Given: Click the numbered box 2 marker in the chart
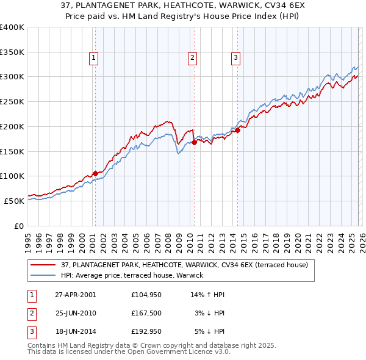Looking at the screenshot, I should (193, 58).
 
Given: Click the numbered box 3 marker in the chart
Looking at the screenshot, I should (235, 58).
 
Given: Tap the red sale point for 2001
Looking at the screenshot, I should (95, 173).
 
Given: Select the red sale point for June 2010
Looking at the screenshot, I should (194, 142).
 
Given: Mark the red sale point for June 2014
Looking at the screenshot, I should (237, 129).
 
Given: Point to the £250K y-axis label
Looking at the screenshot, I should (12, 101).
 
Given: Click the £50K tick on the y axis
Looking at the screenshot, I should (15, 201).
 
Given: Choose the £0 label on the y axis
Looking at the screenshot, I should (20, 226).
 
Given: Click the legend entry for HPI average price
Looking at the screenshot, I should (132, 276).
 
